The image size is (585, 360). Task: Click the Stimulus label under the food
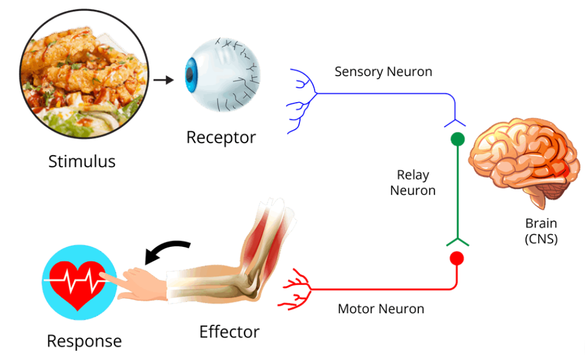coord(81,160)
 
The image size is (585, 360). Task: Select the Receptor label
coord(221,138)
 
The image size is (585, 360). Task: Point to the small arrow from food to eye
coord(164,80)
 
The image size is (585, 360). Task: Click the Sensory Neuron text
coord(383,72)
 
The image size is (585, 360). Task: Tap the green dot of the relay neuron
coord(457,139)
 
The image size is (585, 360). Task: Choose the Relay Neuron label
coord(412,182)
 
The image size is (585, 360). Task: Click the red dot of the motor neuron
coord(457,258)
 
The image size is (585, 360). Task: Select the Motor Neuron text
coord(381,309)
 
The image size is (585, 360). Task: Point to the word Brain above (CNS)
coord(541,223)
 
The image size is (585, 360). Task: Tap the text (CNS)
coord(541,239)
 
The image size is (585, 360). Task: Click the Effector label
coord(229,332)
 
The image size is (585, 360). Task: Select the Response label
coord(84,341)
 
